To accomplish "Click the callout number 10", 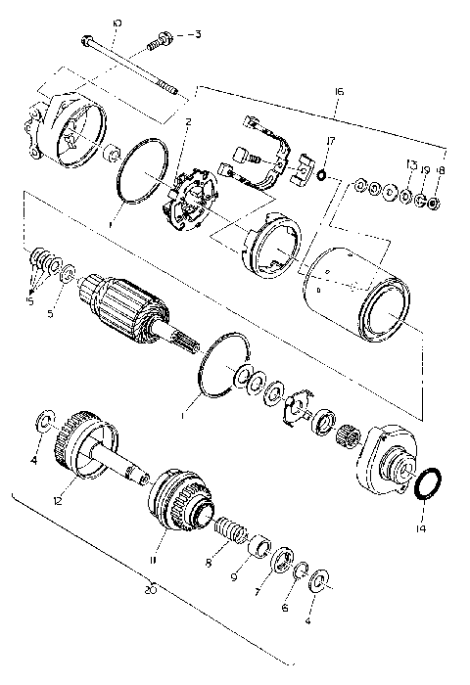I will point(117,22).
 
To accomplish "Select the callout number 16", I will point(338,91).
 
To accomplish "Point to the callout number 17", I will point(331,141).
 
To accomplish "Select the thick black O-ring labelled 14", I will point(427,483).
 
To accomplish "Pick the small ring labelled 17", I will point(321,177).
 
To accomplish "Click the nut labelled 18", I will point(434,203).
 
